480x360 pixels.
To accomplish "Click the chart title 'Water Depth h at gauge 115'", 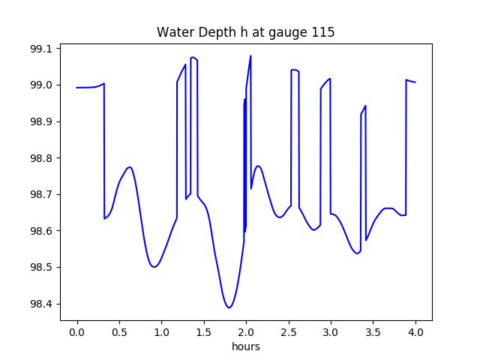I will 245,32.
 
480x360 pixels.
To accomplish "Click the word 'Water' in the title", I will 173,32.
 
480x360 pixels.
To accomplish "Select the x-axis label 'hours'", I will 246,346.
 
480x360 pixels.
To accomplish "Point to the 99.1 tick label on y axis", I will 41,49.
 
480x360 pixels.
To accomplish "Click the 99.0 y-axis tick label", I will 41,85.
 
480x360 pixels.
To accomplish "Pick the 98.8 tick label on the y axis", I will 41,158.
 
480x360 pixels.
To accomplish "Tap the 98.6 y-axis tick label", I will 41,231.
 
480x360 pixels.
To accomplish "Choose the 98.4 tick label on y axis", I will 41,304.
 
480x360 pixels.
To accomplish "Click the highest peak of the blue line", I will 250,55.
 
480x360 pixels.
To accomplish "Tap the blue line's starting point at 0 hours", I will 77,88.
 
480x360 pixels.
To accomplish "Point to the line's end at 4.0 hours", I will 415,82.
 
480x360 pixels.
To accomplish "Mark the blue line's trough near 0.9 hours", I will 154,266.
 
